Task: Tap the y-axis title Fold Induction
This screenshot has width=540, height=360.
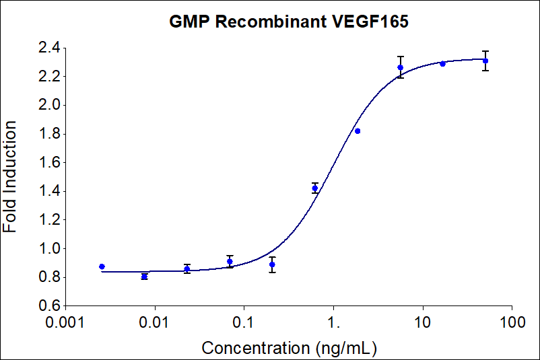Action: tap(11, 176)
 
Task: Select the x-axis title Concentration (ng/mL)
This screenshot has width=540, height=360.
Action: tap(289, 348)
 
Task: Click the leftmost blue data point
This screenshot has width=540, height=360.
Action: tap(102, 266)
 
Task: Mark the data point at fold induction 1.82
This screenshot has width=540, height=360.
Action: tap(358, 131)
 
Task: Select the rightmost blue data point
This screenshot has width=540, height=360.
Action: tap(485, 61)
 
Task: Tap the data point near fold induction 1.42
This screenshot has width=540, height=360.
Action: tap(315, 188)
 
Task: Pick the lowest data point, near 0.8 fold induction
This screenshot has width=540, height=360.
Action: tap(144, 277)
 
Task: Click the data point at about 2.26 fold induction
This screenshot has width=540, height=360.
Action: tap(400, 67)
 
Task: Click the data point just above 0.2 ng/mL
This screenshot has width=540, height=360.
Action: tap(272, 264)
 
